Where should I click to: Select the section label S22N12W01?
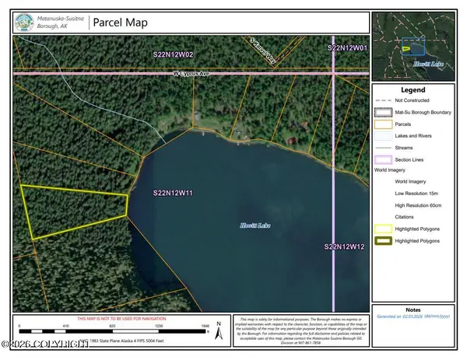click(346, 48)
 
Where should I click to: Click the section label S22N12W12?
click(345, 246)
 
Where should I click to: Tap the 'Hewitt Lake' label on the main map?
click(253, 225)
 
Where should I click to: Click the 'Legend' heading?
click(416, 90)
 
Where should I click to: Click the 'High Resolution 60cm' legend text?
click(423, 204)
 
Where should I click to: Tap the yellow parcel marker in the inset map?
click(406, 49)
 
